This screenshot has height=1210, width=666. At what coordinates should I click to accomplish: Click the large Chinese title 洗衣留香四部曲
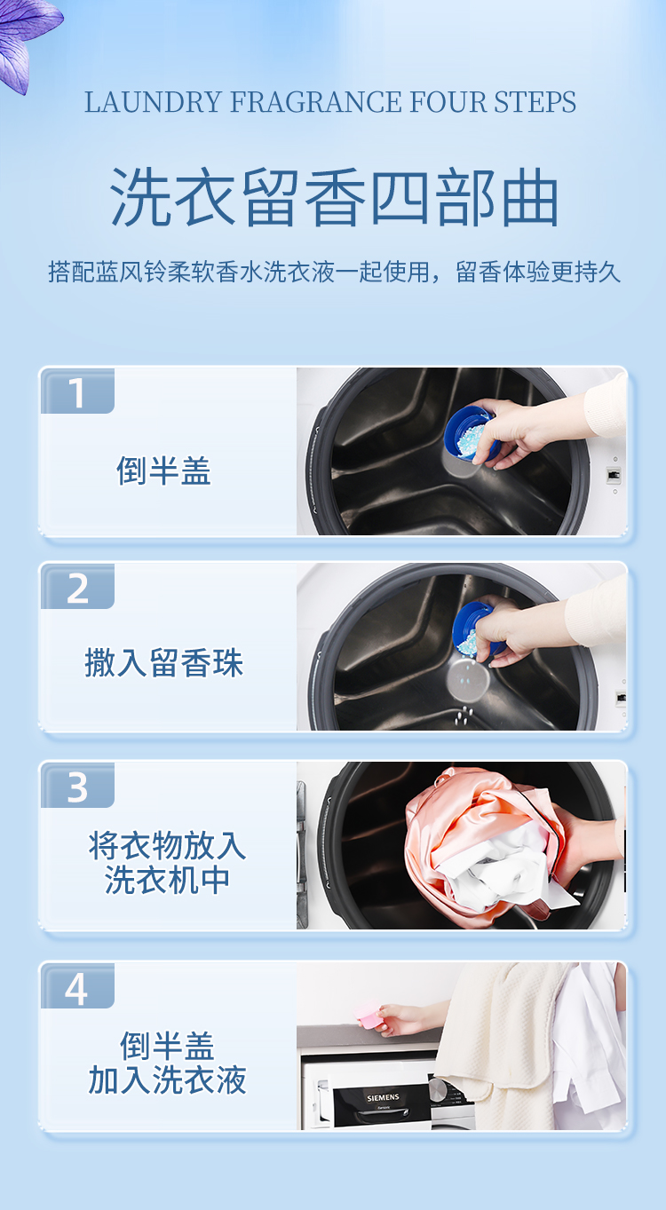coord(334,197)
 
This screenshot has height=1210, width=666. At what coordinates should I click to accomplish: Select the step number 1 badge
coord(77,392)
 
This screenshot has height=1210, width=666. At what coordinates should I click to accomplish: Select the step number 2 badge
coord(77,589)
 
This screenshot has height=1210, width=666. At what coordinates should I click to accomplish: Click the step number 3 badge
coord(77,787)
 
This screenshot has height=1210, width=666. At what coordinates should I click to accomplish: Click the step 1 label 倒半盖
coord(164,471)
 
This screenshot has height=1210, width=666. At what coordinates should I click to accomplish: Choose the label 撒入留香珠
coord(164,663)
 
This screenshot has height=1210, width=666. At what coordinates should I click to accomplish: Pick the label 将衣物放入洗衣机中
coord(167,862)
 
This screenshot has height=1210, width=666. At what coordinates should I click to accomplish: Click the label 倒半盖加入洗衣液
coord(167,1063)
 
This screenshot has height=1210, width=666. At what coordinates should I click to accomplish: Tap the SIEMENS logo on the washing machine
coord(383,1098)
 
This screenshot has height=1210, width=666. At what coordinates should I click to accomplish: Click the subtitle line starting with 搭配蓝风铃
coord(334,272)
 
